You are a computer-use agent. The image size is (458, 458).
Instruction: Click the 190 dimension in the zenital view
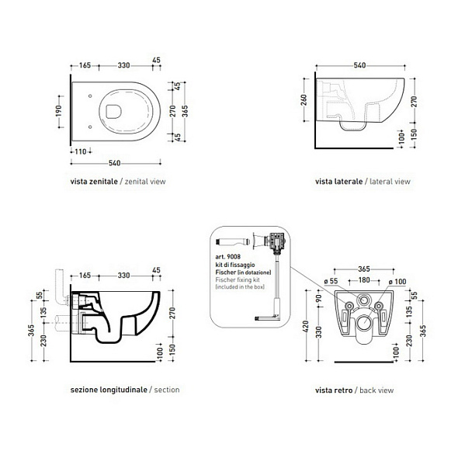click(x=58, y=111)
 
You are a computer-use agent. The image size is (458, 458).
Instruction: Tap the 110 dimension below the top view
click(x=81, y=151)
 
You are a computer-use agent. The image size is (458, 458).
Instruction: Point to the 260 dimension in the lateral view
click(x=304, y=100)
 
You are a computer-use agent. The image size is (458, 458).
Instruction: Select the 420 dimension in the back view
click(x=306, y=326)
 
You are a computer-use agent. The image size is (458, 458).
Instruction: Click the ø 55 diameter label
click(x=331, y=281)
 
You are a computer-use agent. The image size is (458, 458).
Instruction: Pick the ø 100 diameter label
click(x=397, y=282)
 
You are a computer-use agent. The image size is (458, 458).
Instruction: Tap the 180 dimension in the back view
click(x=364, y=280)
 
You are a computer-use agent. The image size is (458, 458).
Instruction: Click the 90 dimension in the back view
click(x=319, y=298)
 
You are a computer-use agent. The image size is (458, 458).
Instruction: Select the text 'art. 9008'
click(x=227, y=256)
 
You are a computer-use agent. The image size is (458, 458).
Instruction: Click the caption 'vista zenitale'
click(x=94, y=182)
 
